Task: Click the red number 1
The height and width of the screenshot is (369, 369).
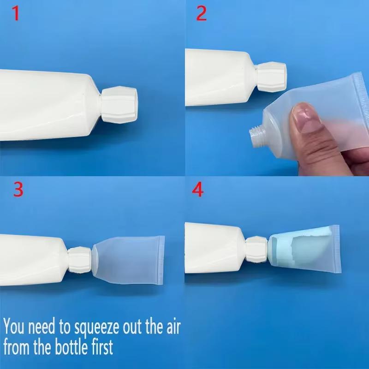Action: click(x=16, y=13)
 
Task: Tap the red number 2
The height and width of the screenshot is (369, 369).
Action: click(x=202, y=13)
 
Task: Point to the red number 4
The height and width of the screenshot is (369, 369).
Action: click(x=198, y=190)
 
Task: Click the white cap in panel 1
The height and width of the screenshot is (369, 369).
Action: click(x=119, y=105)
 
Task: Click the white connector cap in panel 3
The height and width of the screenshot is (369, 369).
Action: click(x=80, y=260)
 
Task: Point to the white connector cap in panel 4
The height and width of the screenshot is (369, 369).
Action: click(x=257, y=250)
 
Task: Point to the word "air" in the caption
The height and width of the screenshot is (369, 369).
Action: click(x=173, y=327)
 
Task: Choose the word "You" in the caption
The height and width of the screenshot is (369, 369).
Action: click(x=14, y=326)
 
